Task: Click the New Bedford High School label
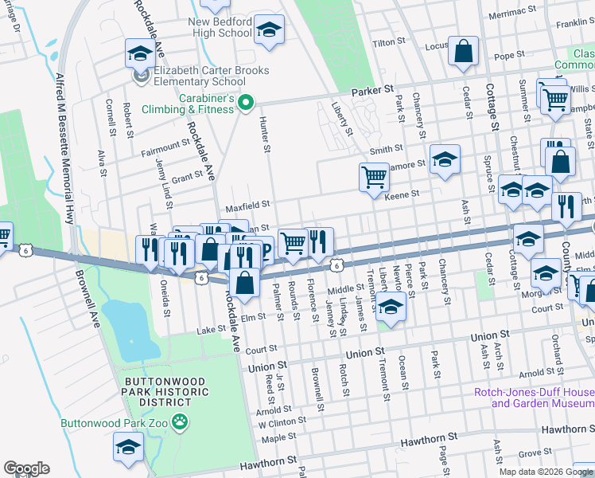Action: coord(220,27)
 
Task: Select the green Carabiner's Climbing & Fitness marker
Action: coord(246,101)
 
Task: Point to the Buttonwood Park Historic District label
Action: coord(175,398)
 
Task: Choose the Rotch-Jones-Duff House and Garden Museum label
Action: coord(533,398)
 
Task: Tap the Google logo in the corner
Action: coord(26,468)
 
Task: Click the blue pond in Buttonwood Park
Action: coord(126,326)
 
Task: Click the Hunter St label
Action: coord(265,133)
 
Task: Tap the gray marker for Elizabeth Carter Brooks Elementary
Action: coord(142,76)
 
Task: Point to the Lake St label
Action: coord(212,329)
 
